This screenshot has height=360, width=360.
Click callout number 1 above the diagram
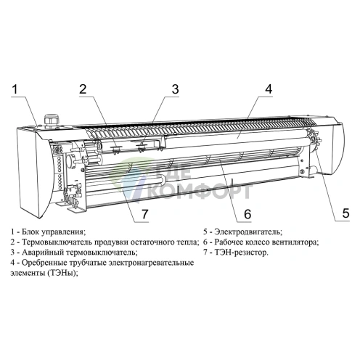pos(15,89)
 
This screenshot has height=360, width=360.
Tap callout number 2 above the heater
pos(83,89)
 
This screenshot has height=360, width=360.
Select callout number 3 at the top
pos(175,89)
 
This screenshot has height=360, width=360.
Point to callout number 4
pos(269,89)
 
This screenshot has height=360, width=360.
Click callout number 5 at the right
pos(345,213)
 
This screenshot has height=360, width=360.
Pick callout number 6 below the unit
pos(247,214)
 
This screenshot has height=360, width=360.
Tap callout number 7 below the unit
pos(144,214)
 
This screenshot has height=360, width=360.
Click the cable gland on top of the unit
pos(51,120)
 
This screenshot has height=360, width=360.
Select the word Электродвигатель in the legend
pos(248,232)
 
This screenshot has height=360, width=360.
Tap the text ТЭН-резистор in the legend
pos(242,253)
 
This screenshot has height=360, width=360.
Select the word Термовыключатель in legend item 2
pos(57,242)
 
